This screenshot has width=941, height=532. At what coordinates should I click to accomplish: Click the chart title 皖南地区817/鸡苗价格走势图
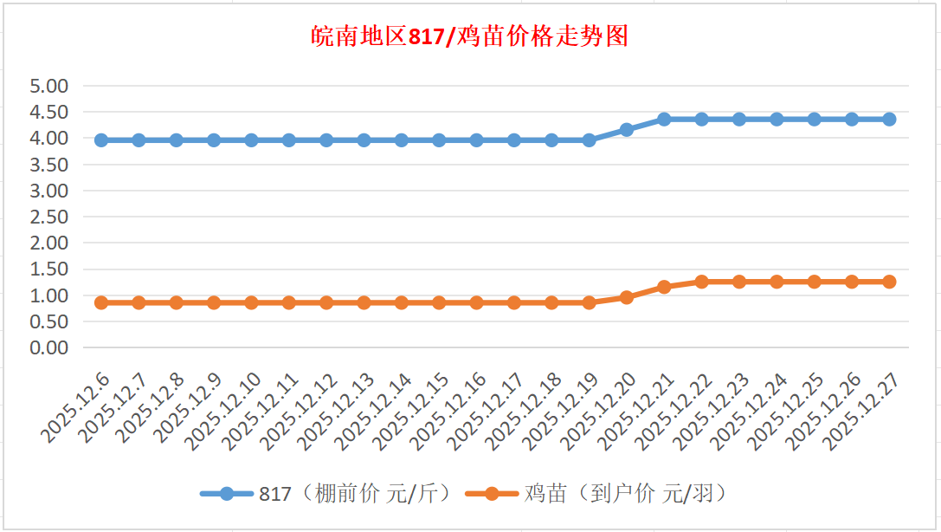tap(470, 37)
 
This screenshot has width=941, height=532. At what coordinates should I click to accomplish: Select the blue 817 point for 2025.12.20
tap(627, 129)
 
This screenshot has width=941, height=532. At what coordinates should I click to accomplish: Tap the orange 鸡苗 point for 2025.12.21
tap(664, 286)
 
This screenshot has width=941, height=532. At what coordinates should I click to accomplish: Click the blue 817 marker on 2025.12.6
tap(101, 139)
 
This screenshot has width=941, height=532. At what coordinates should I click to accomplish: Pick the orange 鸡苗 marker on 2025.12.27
tap(889, 282)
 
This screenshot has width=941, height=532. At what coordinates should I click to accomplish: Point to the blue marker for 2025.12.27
tap(889, 119)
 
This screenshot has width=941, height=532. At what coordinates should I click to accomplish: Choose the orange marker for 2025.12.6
tap(101, 302)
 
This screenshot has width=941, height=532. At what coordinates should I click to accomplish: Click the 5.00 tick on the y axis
tap(48, 86)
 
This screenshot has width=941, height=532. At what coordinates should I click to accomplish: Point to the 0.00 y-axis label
tap(48, 347)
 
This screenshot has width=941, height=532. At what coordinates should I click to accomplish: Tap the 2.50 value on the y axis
tap(48, 217)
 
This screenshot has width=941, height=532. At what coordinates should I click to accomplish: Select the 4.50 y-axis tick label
tap(48, 112)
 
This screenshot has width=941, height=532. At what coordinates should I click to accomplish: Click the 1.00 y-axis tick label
tap(48, 295)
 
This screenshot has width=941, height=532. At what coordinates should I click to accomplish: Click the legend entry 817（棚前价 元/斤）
tap(327, 494)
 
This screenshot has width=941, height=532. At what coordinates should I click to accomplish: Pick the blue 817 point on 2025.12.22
tap(701, 119)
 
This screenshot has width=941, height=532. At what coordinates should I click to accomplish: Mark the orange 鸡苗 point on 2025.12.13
tap(364, 302)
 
